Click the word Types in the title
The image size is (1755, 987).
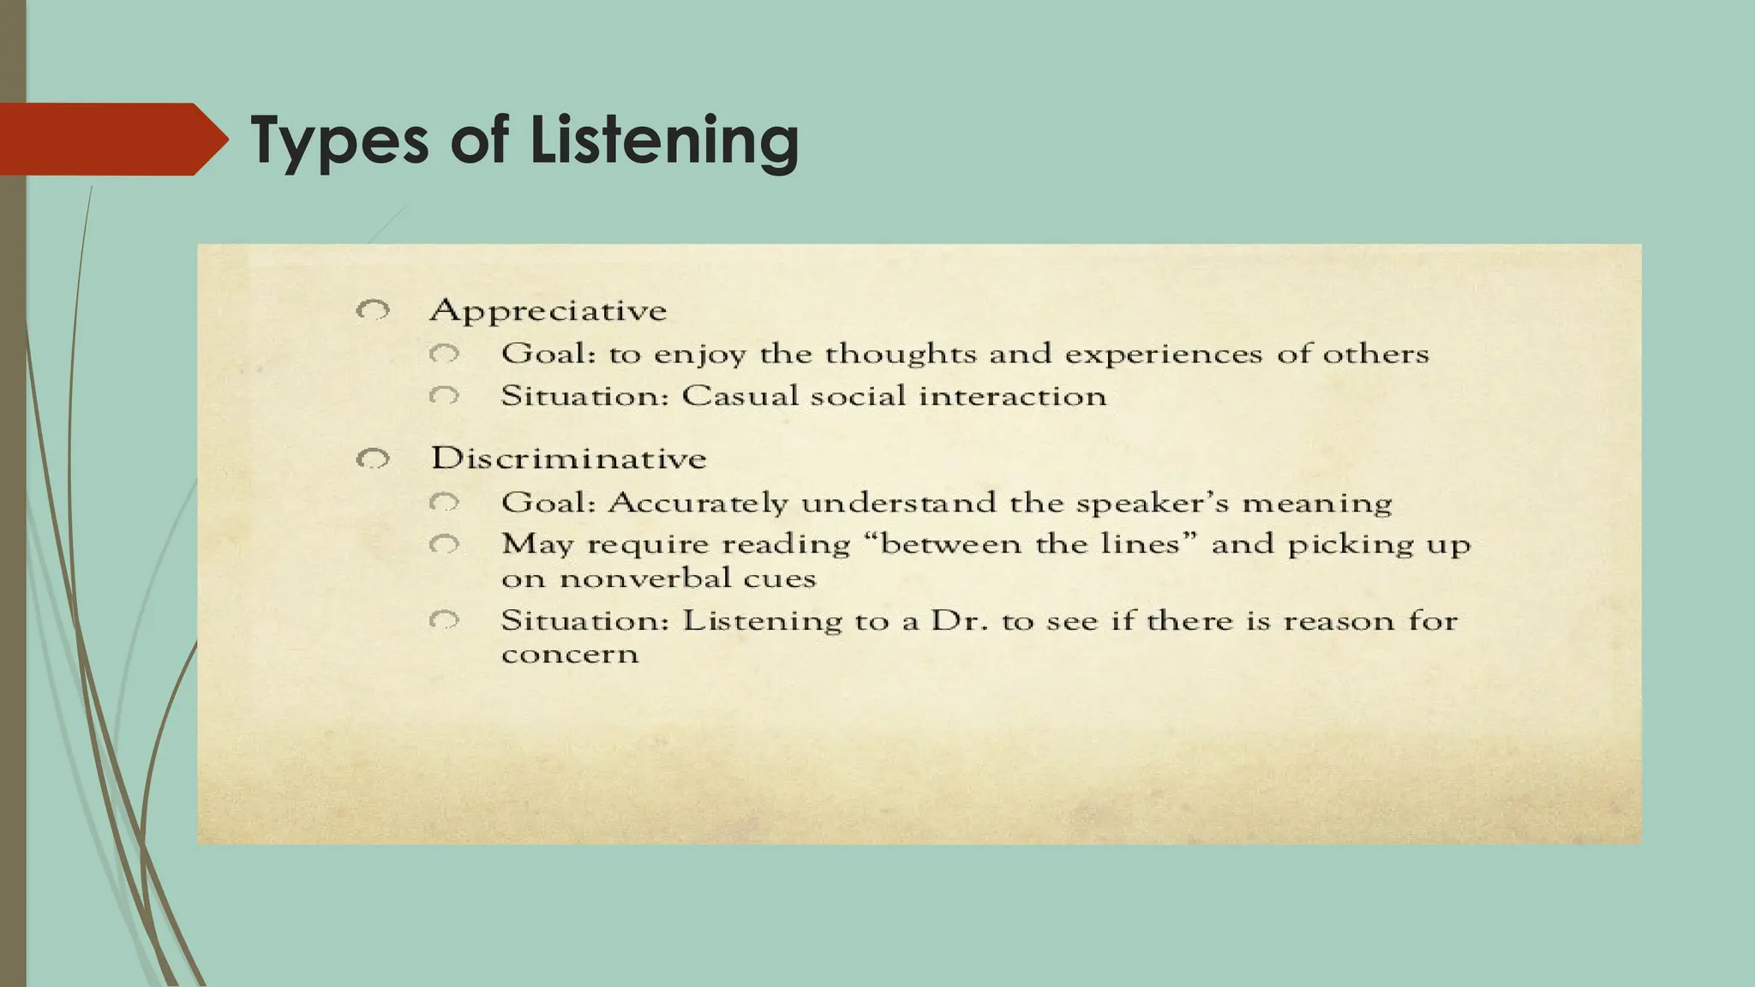click(x=339, y=141)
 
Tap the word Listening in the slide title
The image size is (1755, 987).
click(x=664, y=141)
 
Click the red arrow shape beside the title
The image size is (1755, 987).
click(x=111, y=139)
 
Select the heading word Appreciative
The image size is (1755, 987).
click(x=548, y=310)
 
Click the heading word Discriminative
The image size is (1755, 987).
click(x=568, y=458)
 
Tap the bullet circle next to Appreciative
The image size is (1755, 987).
click(x=374, y=310)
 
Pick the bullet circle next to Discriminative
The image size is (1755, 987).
click(x=374, y=459)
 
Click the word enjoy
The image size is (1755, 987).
click(x=699, y=355)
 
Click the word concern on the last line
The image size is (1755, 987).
click(x=570, y=655)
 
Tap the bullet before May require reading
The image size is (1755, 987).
click(x=445, y=544)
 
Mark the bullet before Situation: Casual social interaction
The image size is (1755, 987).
click(x=445, y=396)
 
